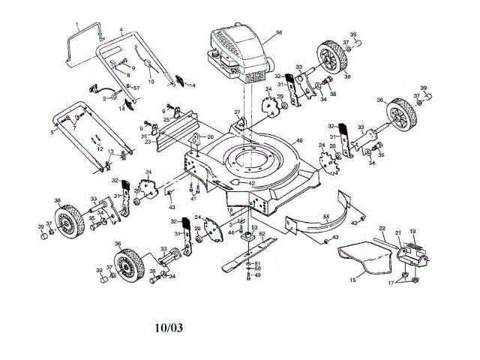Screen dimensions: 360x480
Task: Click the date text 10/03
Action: coord(169,327)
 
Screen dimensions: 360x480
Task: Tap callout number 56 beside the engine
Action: coord(278,33)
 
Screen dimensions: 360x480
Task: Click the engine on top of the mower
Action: coord(238,52)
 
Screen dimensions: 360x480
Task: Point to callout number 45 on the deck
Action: coord(299,141)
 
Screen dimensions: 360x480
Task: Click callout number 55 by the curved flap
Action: coord(326,217)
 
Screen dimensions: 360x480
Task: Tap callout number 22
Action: coord(382,228)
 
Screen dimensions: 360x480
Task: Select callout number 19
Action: coord(412,232)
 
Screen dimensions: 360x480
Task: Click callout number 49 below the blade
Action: coord(257,275)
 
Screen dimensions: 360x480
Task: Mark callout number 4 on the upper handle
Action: coord(121,30)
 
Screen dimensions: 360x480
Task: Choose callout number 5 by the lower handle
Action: coord(52,133)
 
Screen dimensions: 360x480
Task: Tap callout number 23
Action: coord(148,141)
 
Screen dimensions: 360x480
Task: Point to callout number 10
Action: coord(151,81)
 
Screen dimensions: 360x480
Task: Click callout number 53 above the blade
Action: coord(253,226)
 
